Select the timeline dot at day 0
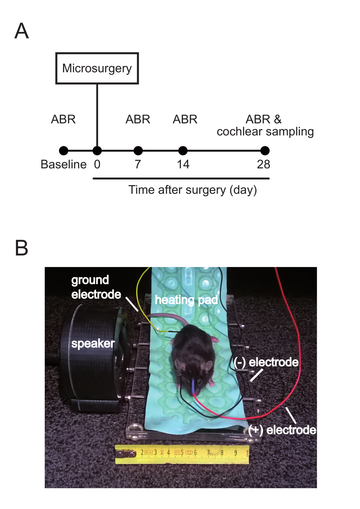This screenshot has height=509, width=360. click(x=97, y=151)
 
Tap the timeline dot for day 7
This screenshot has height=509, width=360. click(x=138, y=151)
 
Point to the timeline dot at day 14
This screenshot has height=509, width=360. click(x=183, y=151)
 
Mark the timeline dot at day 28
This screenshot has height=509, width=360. click(x=265, y=151)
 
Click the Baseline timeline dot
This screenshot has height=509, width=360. click(x=63, y=151)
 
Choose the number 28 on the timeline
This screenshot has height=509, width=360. click(x=263, y=164)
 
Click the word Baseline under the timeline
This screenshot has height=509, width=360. click(x=64, y=164)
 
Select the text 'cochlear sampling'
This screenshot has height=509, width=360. click(x=265, y=132)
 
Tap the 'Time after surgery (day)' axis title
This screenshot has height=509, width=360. click(x=193, y=190)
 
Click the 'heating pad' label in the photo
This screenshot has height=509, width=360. click(x=186, y=300)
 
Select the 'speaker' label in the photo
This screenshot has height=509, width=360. click(x=93, y=344)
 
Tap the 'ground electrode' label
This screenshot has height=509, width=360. click(x=96, y=287)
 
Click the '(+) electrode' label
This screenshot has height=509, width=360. click(x=282, y=430)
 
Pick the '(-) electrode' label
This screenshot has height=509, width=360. click(x=266, y=362)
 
